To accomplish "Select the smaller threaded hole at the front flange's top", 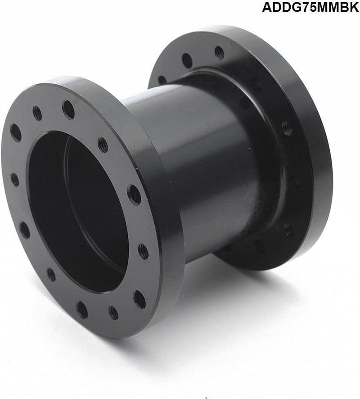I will pos(37,113).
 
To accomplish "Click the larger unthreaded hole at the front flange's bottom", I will pos(82,309).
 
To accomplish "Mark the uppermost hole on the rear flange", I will pos(219,53).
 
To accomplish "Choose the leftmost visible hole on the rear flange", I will pos(162,80).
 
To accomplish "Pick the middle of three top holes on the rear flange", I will pos(187,60).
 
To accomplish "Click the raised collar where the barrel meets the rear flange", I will pos(270,149).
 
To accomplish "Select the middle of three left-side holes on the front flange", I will pos(15,179).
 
